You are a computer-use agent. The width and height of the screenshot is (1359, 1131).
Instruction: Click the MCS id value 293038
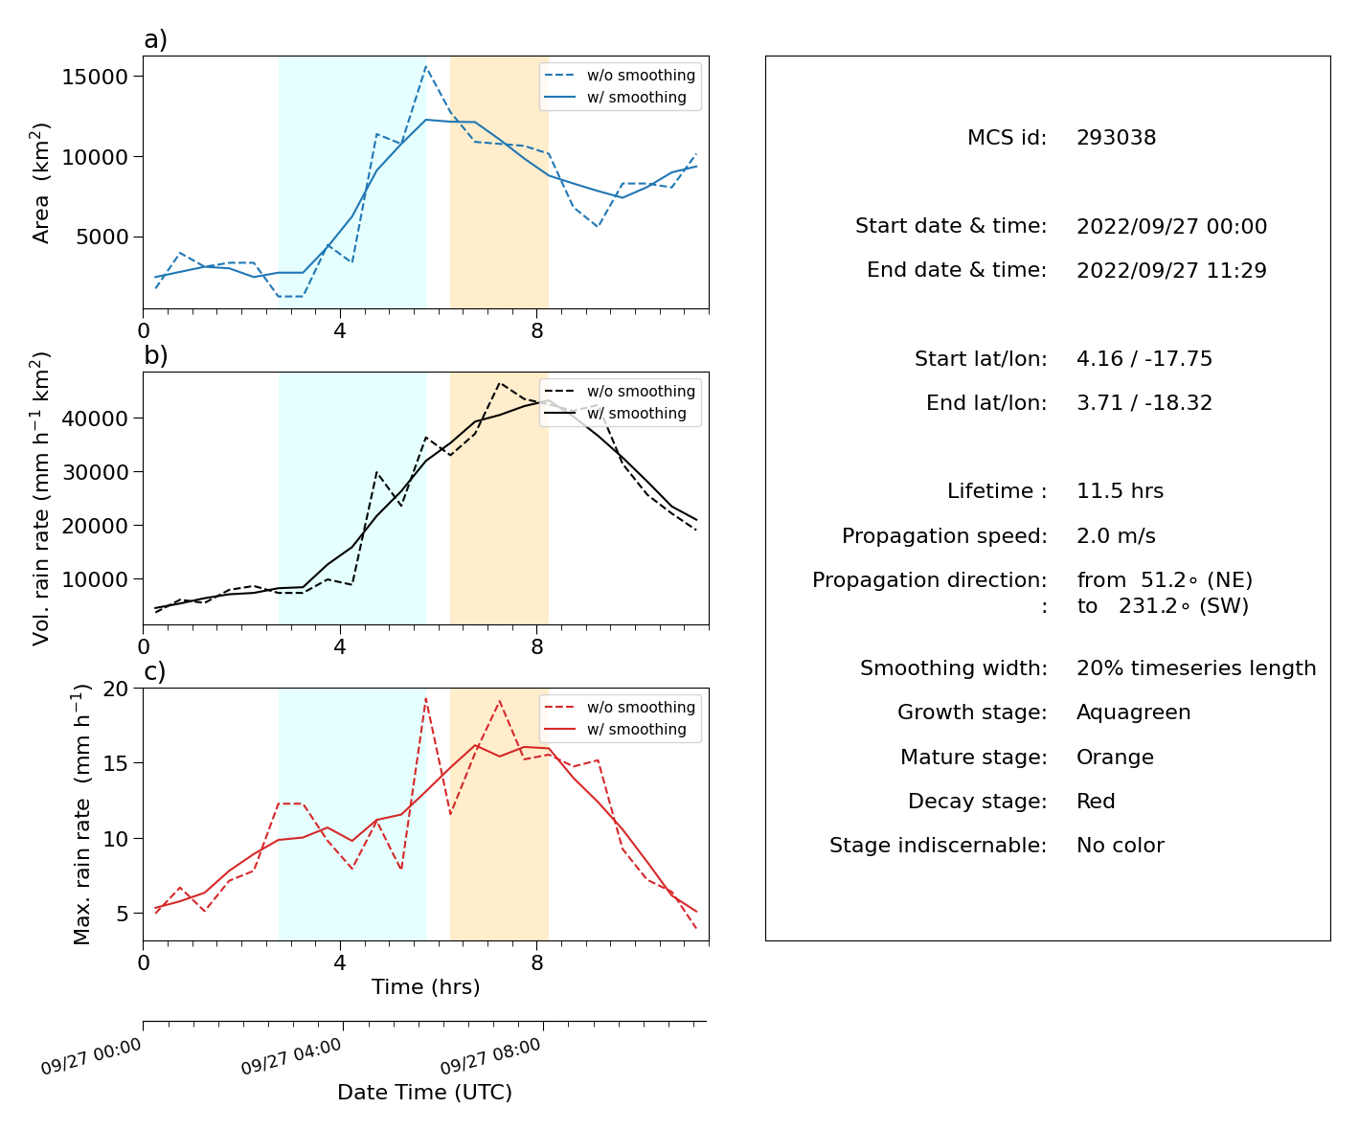[x=1116, y=137]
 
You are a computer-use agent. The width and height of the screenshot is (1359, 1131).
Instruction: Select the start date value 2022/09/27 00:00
[x=1171, y=226]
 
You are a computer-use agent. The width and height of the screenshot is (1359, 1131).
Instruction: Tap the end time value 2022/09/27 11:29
[x=1171, y=270]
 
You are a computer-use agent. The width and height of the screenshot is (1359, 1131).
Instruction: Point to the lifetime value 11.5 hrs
[x=1120, y=490]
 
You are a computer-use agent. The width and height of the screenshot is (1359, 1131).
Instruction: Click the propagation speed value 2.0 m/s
[x=1116, y=535]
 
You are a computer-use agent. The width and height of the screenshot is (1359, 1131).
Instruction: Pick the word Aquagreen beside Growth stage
[x=1133, y=713]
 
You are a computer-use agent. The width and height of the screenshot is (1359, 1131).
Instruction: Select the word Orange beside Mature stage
[x=1115, y=757]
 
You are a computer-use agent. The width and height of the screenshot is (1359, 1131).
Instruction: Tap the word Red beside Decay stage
[x=1096, y=801]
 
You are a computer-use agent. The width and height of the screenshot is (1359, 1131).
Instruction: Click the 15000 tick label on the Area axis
[x=95, y=77]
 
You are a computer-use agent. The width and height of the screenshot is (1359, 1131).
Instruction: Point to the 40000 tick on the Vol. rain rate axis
[x=95, y=418]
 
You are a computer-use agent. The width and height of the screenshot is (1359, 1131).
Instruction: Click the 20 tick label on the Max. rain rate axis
[x=115, y=689]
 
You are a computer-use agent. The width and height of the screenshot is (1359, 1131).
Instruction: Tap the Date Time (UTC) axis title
[x=424, y=1092]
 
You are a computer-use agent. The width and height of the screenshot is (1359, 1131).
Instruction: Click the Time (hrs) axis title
[x=425, y=986]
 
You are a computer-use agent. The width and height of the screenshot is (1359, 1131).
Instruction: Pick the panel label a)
[x=155, y=39]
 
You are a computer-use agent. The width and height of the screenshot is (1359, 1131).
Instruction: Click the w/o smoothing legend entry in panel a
[x=621, y=75]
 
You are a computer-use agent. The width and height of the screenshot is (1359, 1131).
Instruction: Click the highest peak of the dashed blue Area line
[x=425, y=66]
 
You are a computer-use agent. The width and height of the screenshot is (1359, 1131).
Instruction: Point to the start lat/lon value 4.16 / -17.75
[x=1144, y=358]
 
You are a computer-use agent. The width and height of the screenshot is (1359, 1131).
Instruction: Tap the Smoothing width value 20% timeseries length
[x=1196, y=668]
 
